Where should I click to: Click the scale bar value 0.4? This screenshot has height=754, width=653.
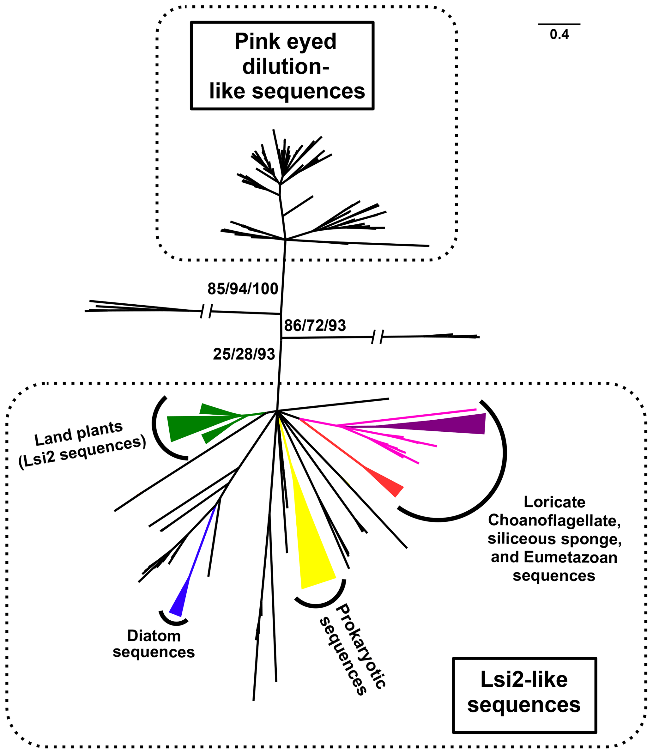click(559, 35)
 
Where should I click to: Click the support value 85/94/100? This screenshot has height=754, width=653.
click(243, 289)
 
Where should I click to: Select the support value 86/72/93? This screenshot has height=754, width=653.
click(315, 325)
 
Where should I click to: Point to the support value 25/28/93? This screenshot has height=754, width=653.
click(244, 354)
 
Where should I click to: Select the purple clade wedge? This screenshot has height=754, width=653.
click(456, 424)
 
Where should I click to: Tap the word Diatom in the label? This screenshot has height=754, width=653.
click(154, 636)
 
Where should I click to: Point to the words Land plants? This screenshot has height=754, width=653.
click(78, 433)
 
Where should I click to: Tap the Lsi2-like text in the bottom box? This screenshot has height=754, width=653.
click(524, 680)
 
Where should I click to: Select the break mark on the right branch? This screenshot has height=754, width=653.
click(377, 337)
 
